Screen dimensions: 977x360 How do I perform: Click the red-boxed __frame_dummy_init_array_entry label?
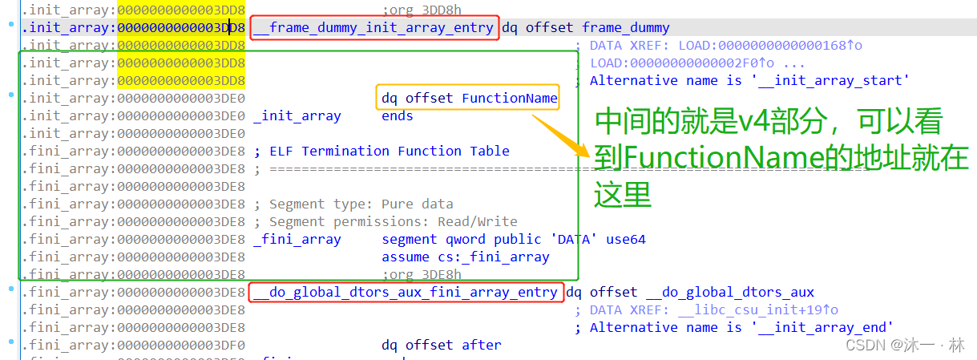(x=374, y=28)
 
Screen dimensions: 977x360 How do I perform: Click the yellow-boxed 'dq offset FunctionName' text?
(x=469, y=99)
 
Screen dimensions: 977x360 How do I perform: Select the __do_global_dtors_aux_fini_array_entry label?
(x=406, y=292)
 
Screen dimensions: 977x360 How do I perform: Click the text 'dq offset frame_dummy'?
(x=585, y=28)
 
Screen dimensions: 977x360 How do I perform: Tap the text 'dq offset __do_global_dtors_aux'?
(x=690, y=292)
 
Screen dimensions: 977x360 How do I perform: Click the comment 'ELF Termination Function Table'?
(x=390, y=152)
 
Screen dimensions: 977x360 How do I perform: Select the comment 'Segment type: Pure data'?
(x=361, y=204)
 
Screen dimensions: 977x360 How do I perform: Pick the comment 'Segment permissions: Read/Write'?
(x=393, y=222)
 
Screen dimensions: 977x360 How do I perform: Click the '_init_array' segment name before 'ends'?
(x=297, y=116)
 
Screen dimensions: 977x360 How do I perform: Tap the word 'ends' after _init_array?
(x=398, y=116)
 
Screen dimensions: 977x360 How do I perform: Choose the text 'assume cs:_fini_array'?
(x=466, y=257)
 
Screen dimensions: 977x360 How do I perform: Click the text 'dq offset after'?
(x=441, y=345)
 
